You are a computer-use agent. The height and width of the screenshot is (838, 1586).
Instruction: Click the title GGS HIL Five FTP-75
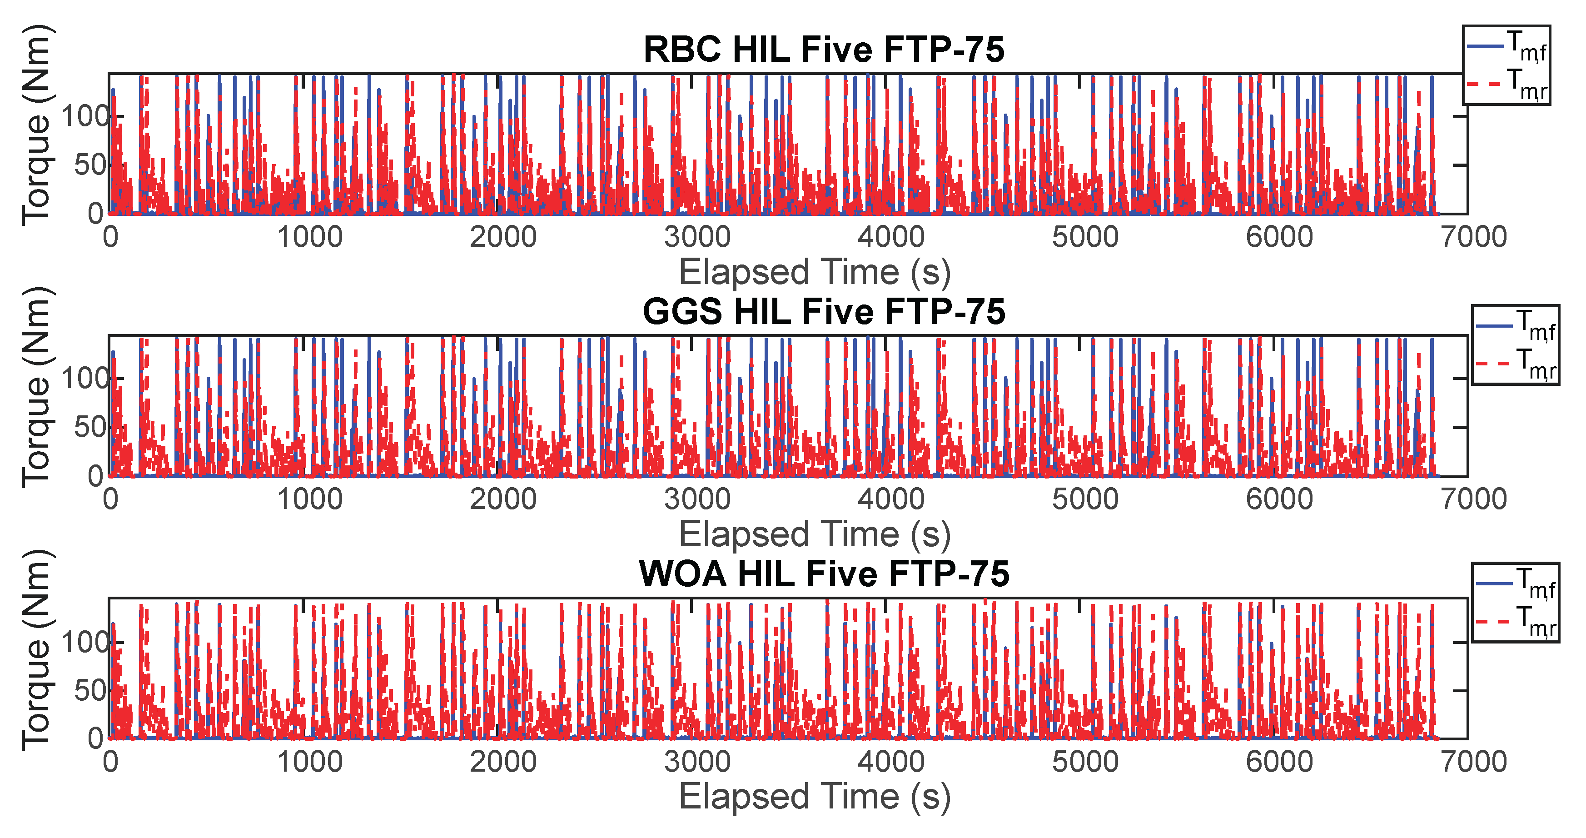click(823, 312)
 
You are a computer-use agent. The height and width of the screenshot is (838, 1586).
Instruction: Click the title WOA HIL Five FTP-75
click(823, 574)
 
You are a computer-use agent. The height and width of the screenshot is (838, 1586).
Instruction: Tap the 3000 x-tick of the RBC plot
click(697, 237)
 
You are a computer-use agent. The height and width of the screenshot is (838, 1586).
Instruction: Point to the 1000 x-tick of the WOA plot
click(310, 762)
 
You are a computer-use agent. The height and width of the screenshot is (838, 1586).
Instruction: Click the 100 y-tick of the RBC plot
click(85, 116)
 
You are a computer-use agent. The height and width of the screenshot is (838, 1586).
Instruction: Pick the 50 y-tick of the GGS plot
click(90, 427)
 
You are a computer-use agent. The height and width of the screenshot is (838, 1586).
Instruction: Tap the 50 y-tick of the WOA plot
click(90, 690)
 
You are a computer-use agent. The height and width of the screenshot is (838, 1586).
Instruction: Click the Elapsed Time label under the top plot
click(814, 272)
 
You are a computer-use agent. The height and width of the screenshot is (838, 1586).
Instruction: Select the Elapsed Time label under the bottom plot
click(814, 797)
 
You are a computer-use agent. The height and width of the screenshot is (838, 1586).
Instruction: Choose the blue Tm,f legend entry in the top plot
click(1506, 47)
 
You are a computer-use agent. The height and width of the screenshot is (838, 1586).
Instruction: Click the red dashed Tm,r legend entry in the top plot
click(1506, 85)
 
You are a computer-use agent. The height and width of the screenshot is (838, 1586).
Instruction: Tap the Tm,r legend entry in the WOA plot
click(1515, 621)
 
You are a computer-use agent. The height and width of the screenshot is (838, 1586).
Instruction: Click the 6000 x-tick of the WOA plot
click(1279, 762)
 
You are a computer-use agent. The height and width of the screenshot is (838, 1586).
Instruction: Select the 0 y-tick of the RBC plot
click(95, 214)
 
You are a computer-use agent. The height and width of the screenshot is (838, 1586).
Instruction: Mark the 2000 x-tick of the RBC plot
click(503, 237)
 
